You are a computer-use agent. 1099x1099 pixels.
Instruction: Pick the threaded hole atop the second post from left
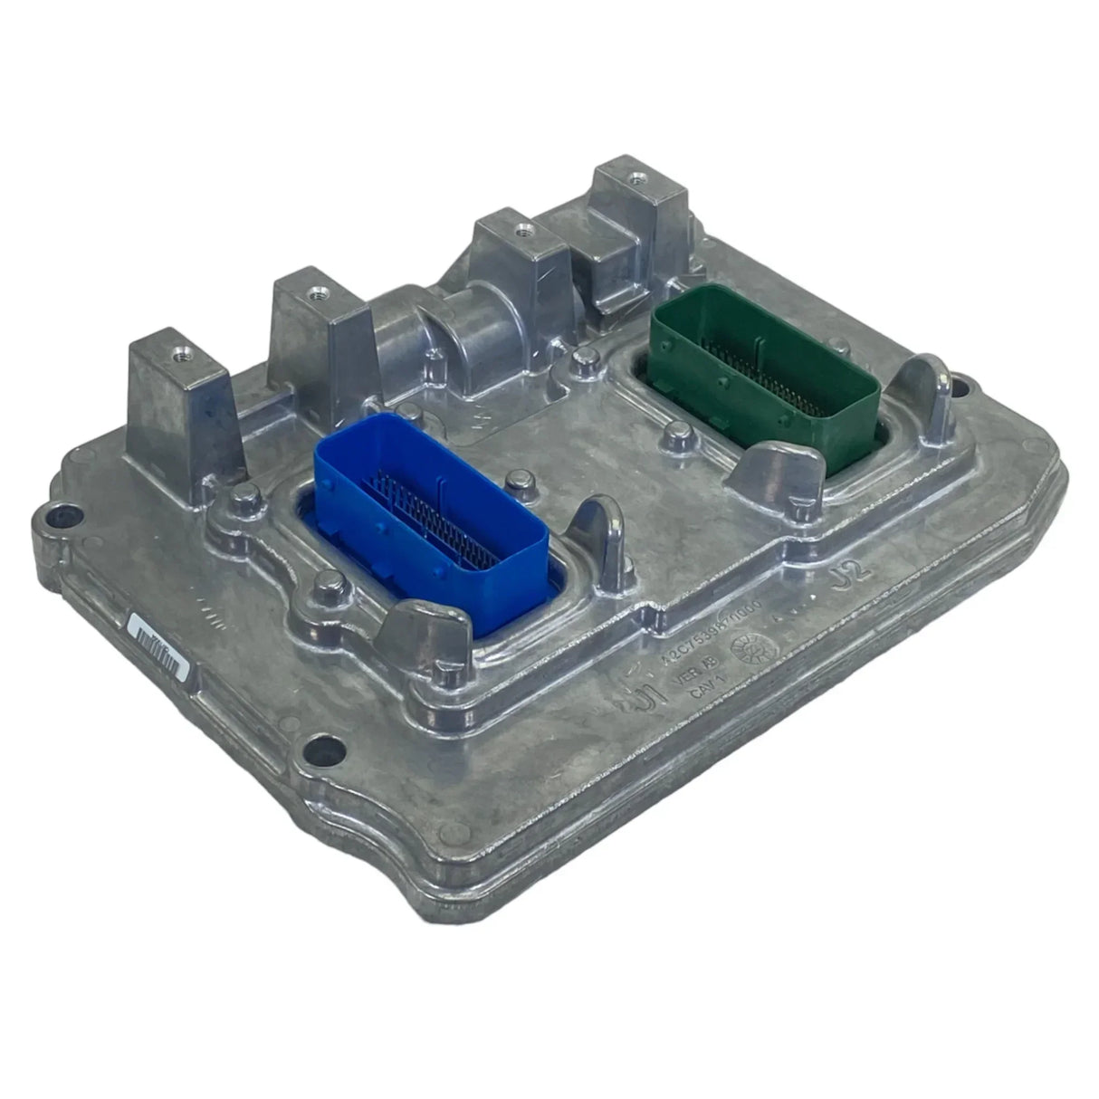pyautogui.click(x=314, y=293)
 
